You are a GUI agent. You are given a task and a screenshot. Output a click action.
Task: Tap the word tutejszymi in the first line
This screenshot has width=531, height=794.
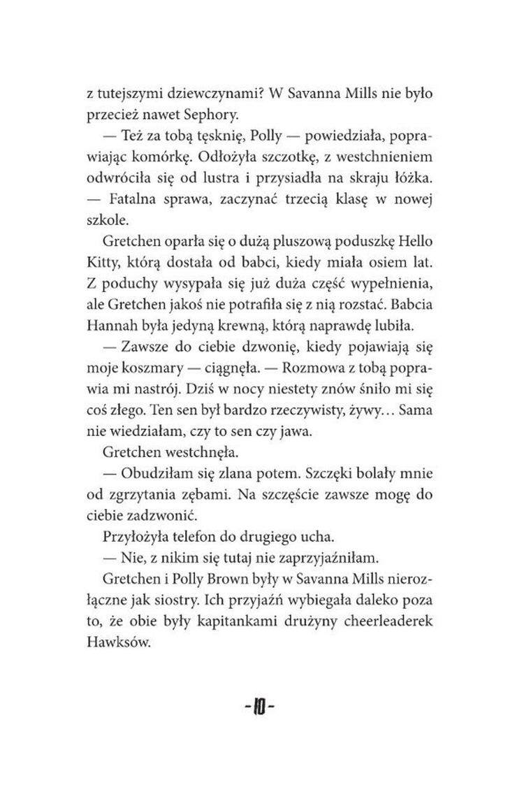[135, 92]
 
